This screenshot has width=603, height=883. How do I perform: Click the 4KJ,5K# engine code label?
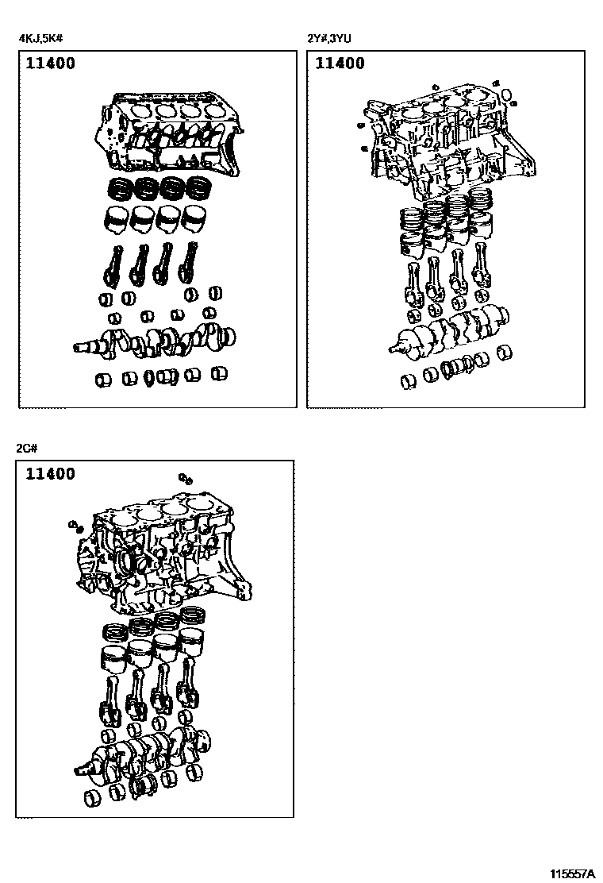tap(44, 38)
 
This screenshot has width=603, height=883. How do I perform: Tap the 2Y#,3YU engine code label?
tap(329, 38)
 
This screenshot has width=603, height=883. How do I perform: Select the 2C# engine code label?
tap(26, 449)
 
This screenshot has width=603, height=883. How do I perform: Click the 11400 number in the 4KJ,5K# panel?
tap(50, 63)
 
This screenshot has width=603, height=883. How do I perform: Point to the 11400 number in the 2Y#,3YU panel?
tap(340, 63)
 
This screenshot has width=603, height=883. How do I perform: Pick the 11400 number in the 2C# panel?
tap(50, 473)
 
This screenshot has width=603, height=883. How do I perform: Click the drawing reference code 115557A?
tap(572, 873)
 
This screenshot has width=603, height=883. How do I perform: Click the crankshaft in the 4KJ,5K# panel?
tap(155, 341)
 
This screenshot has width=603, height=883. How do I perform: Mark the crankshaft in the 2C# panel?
tap(144, 752)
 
